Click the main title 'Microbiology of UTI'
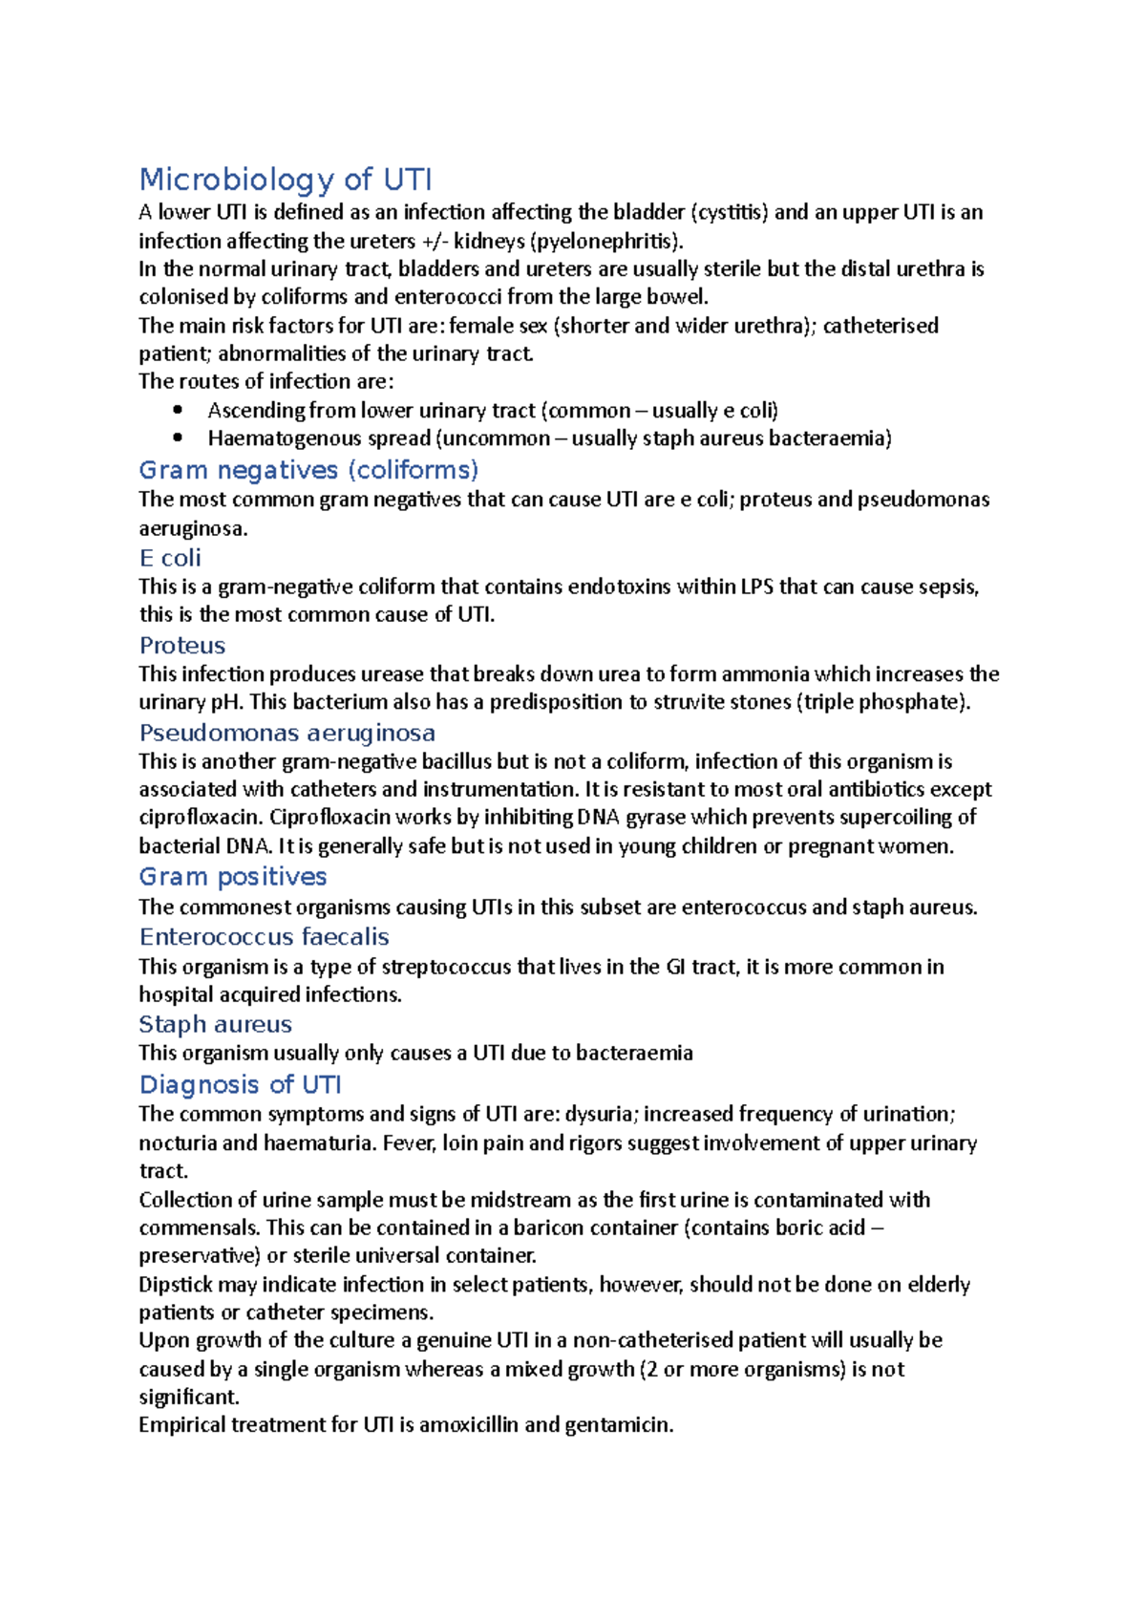click(286, 180)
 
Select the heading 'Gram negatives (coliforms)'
click(308, 470)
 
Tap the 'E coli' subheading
click(170, 558)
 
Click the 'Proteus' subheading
click(182, 646)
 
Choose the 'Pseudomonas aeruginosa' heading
click(287, 733)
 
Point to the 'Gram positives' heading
click(233, 877)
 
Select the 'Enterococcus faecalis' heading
click(265, 937)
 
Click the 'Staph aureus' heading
click(216, 1025)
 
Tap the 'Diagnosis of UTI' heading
click(241, 1085)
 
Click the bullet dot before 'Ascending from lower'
click(178, 411)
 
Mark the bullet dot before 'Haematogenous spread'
click(178, 438)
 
